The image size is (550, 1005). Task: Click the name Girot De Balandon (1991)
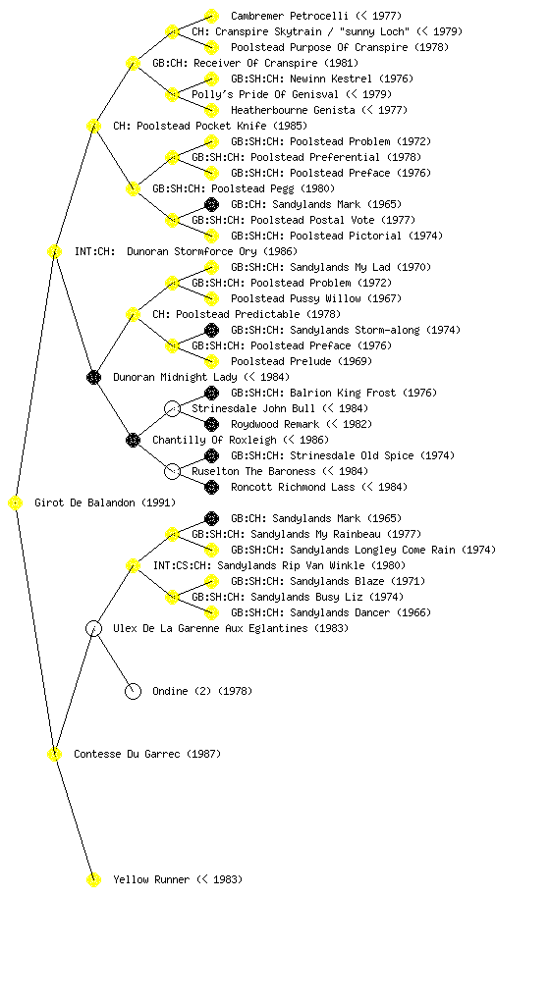click(x=105, y=502)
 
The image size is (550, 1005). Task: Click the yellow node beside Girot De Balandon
click(x=16, y=503)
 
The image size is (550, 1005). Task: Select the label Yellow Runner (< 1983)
click(x=178, y=879)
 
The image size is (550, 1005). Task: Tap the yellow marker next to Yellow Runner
click(x=93, y=880)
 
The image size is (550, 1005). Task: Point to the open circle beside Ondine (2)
click(x=133, y=692)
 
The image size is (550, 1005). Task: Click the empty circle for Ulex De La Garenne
click(x=93, y=629)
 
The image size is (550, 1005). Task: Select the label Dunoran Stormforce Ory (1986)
click(x=212, y=251)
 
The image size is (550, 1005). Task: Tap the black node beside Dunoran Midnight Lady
click(x=93, y=378)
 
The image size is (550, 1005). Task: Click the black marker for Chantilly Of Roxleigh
click(x=133, y=441)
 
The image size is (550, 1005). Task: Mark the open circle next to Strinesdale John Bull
click(x=172, y=409)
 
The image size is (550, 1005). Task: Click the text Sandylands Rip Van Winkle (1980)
click(x=311, y=565)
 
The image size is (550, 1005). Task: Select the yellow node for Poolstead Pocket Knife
click(x=93, y=127)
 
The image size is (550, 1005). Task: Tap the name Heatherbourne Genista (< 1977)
click(x=319, y=110)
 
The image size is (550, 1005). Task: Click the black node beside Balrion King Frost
click(x=211, y=393)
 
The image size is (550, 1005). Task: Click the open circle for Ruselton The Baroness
click(x=172, y=472)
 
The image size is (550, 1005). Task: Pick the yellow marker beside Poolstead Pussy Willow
click(x=211, y=298)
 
